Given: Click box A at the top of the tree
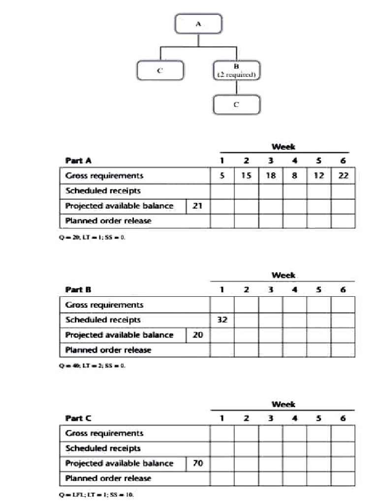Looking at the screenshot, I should (198, 24).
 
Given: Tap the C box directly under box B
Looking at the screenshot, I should (236, 104).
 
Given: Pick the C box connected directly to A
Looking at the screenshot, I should (160, 70).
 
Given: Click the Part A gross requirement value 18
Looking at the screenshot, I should (270, 176).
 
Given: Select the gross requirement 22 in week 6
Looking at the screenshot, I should (343, 176).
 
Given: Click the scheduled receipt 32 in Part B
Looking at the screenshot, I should (222, 320).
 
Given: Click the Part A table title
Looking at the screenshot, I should (78, 160).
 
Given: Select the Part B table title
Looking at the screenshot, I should (78, 290).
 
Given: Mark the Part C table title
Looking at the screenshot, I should (78, 418).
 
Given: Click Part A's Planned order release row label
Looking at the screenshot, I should (108, 221).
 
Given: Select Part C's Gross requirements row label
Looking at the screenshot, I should (104, 433).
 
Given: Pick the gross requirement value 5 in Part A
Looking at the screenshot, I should (222, 176).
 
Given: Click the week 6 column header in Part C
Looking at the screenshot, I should (343, 418).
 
